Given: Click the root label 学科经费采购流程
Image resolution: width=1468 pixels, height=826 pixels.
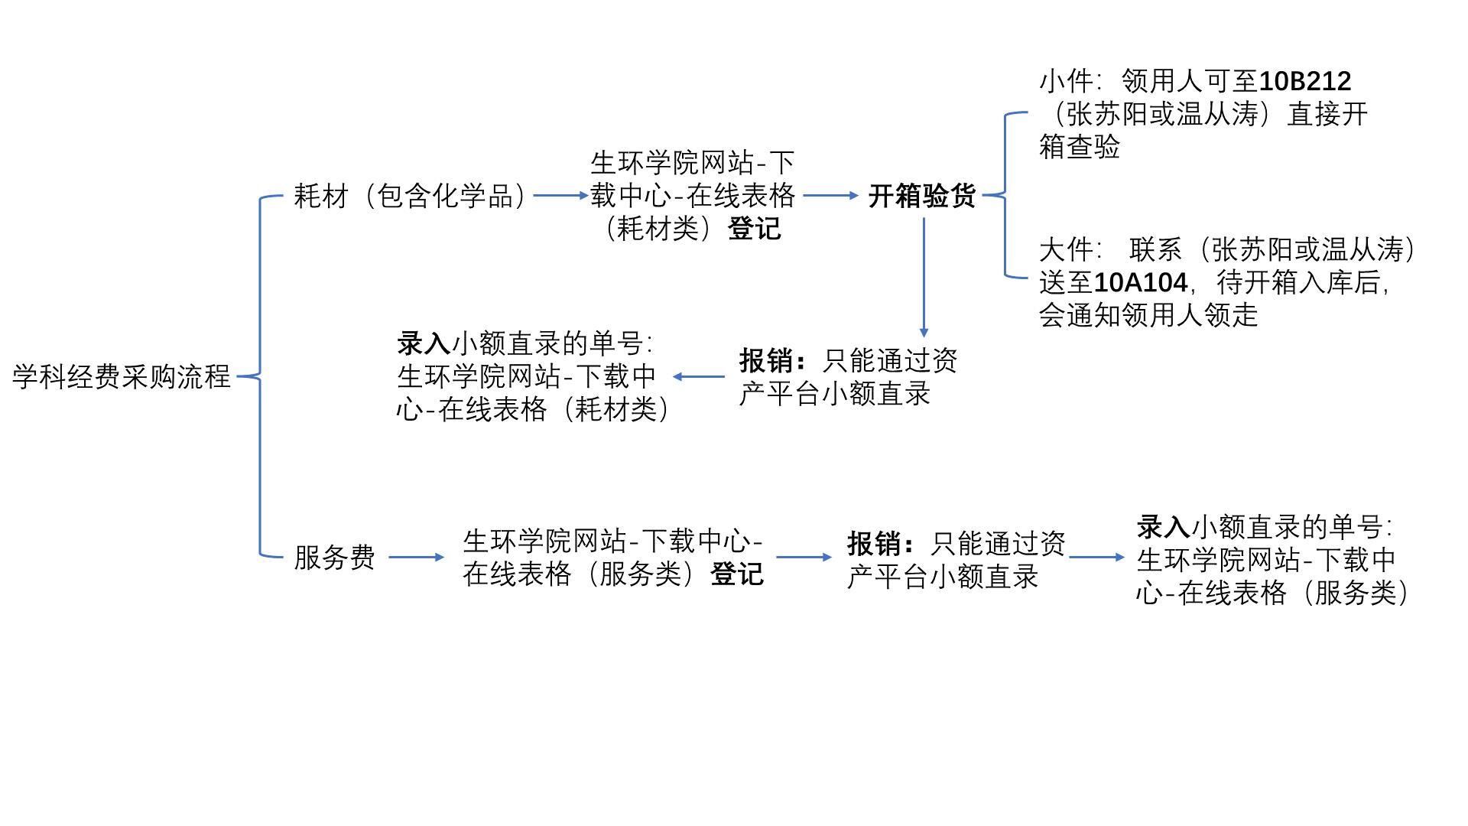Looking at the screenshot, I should click(122, 376).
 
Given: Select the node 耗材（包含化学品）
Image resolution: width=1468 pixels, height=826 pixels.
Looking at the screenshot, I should click(411, 196).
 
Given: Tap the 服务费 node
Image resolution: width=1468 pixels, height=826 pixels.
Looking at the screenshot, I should click(334, 558).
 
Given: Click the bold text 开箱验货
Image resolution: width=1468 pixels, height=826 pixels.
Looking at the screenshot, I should click(922, 196).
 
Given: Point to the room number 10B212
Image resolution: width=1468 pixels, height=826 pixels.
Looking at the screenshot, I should click(1305, 81).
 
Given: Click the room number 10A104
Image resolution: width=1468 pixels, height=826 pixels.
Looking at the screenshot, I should click(1141, 283).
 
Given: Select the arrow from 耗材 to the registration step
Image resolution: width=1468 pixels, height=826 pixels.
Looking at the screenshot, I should click(560, 196).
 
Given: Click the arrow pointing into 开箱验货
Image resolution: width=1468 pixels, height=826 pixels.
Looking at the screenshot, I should click(830, 196).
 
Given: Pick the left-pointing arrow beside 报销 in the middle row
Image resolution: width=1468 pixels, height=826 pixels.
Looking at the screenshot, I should click(699, 376).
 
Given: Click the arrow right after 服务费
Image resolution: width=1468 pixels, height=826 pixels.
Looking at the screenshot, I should click(416, 558).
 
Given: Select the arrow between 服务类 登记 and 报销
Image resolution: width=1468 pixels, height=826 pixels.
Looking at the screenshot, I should click(804, 558).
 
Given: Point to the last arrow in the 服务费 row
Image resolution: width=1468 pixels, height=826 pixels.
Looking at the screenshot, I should click(1096, 558).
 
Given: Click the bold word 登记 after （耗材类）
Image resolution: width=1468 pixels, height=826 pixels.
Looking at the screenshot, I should click(755, 229).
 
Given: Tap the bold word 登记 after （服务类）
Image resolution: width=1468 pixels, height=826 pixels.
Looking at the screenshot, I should click(737, 574).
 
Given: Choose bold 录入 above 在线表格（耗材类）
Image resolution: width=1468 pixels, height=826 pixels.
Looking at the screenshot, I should click(424, 343).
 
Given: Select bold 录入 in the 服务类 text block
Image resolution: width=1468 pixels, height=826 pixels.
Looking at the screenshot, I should click(1163, 527).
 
